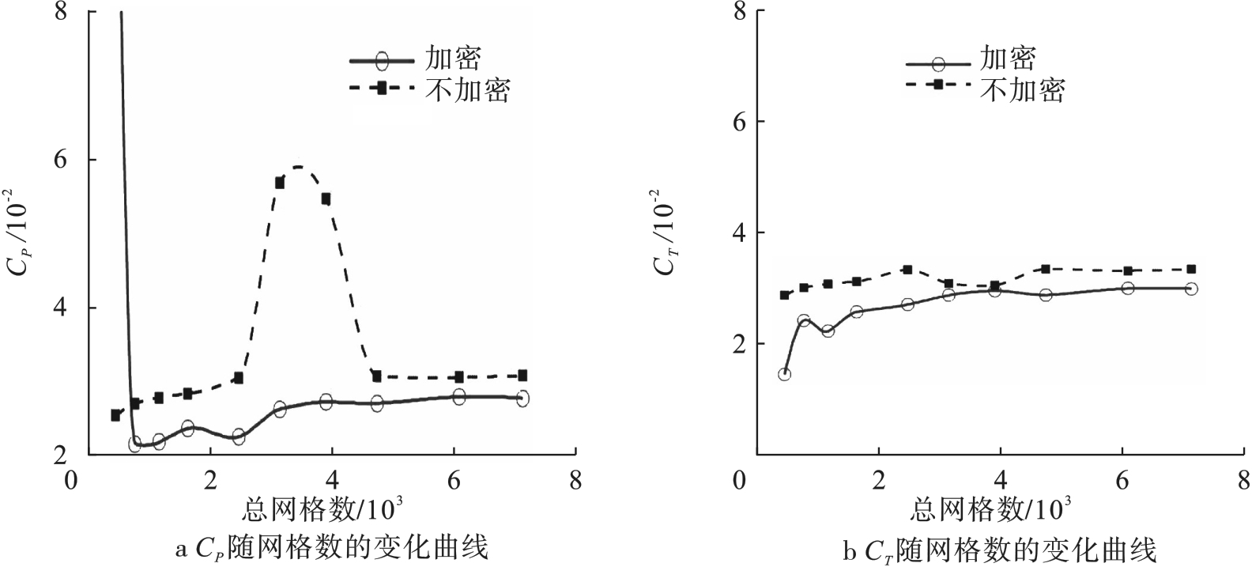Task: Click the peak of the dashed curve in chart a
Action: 299,166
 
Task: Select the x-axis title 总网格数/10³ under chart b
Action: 991,508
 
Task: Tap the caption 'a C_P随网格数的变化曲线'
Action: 331,547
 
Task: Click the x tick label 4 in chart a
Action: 332,481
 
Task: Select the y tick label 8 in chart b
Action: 738,11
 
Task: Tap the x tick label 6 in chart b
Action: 1122,481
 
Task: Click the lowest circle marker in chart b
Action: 784,374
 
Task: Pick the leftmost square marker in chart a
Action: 115,415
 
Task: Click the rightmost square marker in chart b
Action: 1191,270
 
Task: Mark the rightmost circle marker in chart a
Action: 522,399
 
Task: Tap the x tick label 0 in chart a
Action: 72,481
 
